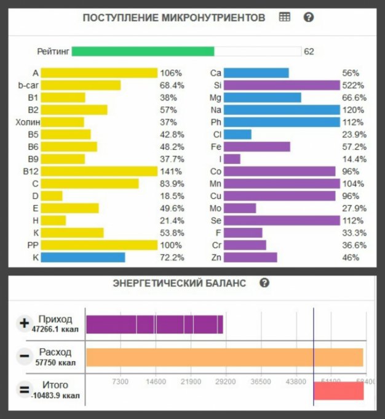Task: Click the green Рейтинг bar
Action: [143, 51]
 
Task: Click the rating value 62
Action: [309, 52]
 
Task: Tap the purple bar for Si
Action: [281, 85]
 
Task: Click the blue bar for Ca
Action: [256, 73]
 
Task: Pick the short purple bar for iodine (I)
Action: [232, 159]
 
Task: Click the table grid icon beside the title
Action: [284, 17]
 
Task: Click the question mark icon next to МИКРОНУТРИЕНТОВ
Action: [309, 17]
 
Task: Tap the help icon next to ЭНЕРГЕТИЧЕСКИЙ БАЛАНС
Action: [264, 283]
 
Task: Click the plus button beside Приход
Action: [25, 323]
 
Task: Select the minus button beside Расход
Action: [25, 356]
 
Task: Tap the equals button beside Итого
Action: [25, 389]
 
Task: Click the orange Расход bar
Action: [224, 358]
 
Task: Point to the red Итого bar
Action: [338, 391]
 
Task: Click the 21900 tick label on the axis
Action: [191, 382]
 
